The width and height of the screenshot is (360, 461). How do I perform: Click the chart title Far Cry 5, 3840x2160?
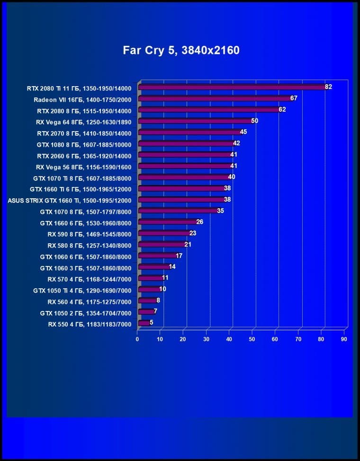click(x=181, y=50)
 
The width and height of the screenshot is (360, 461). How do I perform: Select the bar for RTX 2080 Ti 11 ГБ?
click(x=232, y=87)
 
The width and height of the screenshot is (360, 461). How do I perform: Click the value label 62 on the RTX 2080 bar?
click(x=282, y=109)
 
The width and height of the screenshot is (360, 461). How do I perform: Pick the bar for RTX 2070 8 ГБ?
click(x=189, y=132)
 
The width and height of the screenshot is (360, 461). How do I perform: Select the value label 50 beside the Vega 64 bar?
click(x=254, y=121)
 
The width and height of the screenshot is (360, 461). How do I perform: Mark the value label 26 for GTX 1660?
click(x=199, y=222)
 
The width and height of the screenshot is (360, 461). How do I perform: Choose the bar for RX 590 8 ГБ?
click(x=164, y=233)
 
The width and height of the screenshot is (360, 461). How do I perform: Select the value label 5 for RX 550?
click(x=151, y=323)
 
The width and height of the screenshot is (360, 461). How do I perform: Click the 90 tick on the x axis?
click(x=344, y=339)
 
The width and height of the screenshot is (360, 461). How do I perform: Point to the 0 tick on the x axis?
click(x=137, y=339)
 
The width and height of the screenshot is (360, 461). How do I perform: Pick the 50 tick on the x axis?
click(x=252, y=339)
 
